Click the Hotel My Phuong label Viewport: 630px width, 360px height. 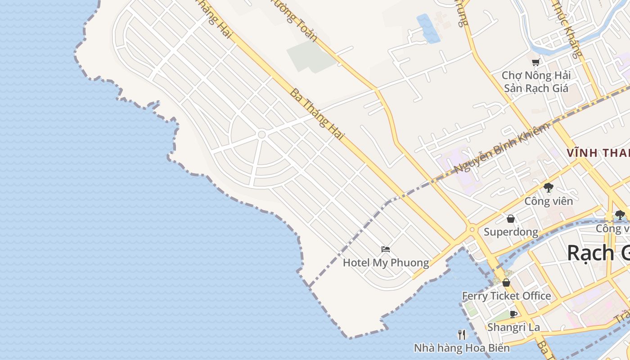(x=386, y=263)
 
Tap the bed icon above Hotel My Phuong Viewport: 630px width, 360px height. (x=386, y=249)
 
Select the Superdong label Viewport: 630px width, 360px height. (x=511, y=232)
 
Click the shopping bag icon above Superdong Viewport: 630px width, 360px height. (x=511, y=219)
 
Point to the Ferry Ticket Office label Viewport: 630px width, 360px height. (x=506, y=296)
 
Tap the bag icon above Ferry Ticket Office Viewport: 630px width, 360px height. (x=506, y=283)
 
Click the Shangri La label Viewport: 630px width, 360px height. (x=513, y=327)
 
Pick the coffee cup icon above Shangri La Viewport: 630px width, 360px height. (x=513, y=314)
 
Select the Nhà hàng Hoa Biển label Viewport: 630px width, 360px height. (x=462, y=348)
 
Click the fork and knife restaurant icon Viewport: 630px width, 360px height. (x=462, y=335)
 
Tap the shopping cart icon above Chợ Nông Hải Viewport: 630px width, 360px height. (x=535, y=62)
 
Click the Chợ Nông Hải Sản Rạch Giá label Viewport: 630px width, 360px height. (x=536, y=81)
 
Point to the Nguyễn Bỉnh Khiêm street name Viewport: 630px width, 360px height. (x=502, y=148)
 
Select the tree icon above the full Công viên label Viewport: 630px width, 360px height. (x=548, y=188)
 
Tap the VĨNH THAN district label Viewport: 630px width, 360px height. (x=598, y=153)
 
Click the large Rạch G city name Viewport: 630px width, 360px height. (x=598, y=252)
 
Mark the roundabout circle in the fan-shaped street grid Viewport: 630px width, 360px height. (x=261, y=134)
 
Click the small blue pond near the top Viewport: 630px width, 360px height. (x=428, y=28)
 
